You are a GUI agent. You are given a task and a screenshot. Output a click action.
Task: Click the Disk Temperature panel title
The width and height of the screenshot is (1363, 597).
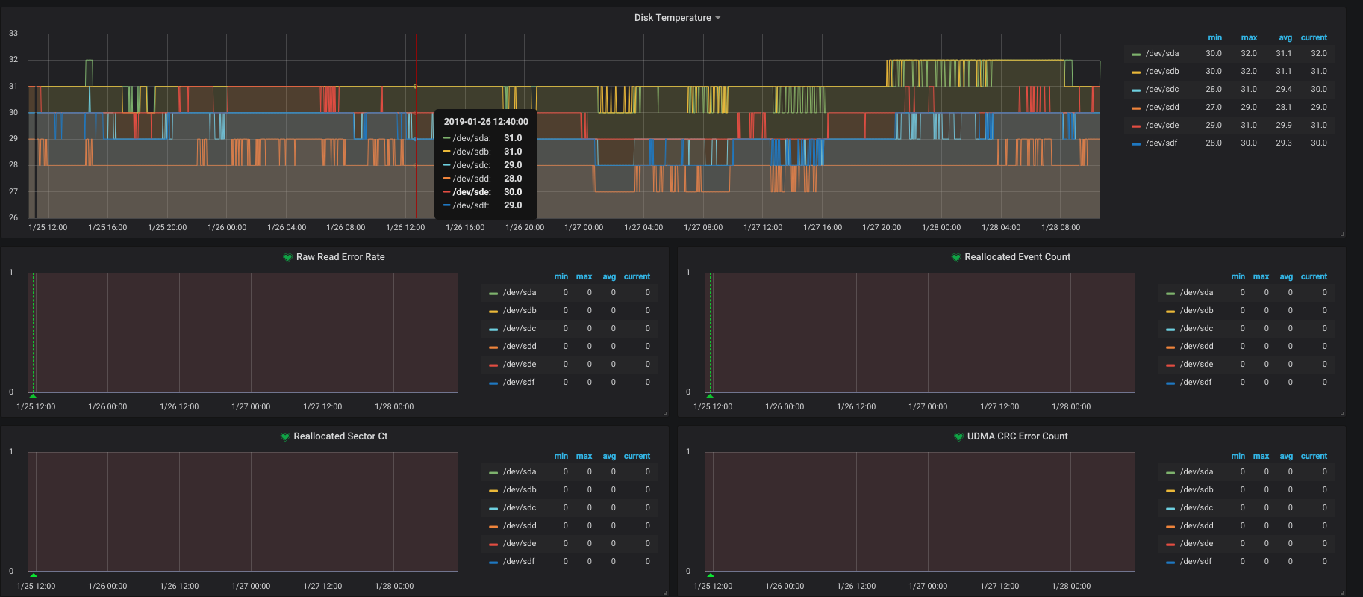(673, 18)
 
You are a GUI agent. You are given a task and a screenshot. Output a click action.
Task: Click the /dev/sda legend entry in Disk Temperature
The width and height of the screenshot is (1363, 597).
(1162, 54)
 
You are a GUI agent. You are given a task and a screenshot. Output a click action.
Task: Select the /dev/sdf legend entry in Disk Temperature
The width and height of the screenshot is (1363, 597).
(1161, 143)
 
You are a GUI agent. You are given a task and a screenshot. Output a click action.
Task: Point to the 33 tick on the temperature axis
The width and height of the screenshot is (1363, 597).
(13, 34)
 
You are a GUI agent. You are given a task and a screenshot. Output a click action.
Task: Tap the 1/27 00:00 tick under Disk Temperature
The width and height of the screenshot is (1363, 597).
(584, 228)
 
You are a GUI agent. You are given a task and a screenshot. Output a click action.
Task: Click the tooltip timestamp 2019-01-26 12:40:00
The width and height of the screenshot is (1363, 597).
(486, 122)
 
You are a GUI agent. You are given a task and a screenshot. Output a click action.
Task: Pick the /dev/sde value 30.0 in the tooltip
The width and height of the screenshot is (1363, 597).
(513, 192)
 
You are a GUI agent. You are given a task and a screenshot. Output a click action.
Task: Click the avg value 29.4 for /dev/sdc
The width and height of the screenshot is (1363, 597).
(1284, 90)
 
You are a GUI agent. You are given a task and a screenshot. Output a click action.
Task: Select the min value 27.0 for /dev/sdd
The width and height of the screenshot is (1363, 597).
(1214, 108)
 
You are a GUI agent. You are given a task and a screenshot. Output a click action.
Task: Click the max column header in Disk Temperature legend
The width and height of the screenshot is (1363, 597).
(1249, 37)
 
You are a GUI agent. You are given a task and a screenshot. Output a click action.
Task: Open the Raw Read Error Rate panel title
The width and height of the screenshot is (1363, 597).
(340, 257)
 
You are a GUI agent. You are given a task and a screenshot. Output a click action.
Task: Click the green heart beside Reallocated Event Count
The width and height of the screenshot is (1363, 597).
(956, 257)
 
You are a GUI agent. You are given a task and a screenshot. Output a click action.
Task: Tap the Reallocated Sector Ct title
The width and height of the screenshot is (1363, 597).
(340, 436)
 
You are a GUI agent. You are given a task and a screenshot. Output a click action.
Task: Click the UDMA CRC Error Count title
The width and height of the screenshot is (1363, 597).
(1017, 436)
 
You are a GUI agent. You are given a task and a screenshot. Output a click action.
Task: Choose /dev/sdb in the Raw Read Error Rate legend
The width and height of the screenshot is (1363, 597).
(520, 311)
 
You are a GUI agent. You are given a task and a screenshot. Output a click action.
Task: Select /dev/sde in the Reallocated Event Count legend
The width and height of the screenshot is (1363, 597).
(1197, 365)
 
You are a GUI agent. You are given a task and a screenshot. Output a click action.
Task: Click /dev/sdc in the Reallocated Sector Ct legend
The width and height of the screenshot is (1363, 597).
(520, 508)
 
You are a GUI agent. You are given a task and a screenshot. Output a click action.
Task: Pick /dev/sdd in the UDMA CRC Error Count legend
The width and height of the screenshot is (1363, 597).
(1197, 526)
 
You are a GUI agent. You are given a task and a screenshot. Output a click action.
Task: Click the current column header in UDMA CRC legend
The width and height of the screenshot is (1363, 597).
(1314, 456)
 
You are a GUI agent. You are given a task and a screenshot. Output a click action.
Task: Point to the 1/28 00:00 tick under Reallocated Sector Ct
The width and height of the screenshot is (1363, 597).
(394, 587)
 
